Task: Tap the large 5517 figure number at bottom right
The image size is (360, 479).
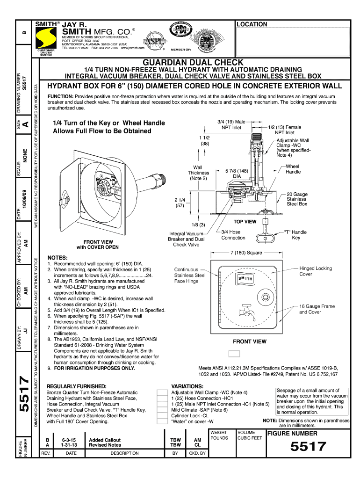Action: (x=308, y=446)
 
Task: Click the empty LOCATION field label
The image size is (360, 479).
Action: (x=252, y=24)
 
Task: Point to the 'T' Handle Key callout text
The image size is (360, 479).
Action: (x=295, y=234)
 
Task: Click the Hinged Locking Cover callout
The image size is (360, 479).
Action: (x=316, y=271)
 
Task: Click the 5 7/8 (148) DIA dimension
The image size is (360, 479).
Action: (x=237, y=174)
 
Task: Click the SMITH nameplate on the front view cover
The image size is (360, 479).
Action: (x=246, y=279)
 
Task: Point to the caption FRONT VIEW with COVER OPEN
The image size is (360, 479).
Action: (x=97, y=245)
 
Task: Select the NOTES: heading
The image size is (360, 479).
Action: (x=58, y=258)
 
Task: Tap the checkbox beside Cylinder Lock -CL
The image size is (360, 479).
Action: (x=162, y=415)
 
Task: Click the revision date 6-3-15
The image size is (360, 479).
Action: (x=72, y=440)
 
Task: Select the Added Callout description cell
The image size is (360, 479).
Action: (x=105, y=440)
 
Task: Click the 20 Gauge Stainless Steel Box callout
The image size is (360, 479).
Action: (x=297, y=199)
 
